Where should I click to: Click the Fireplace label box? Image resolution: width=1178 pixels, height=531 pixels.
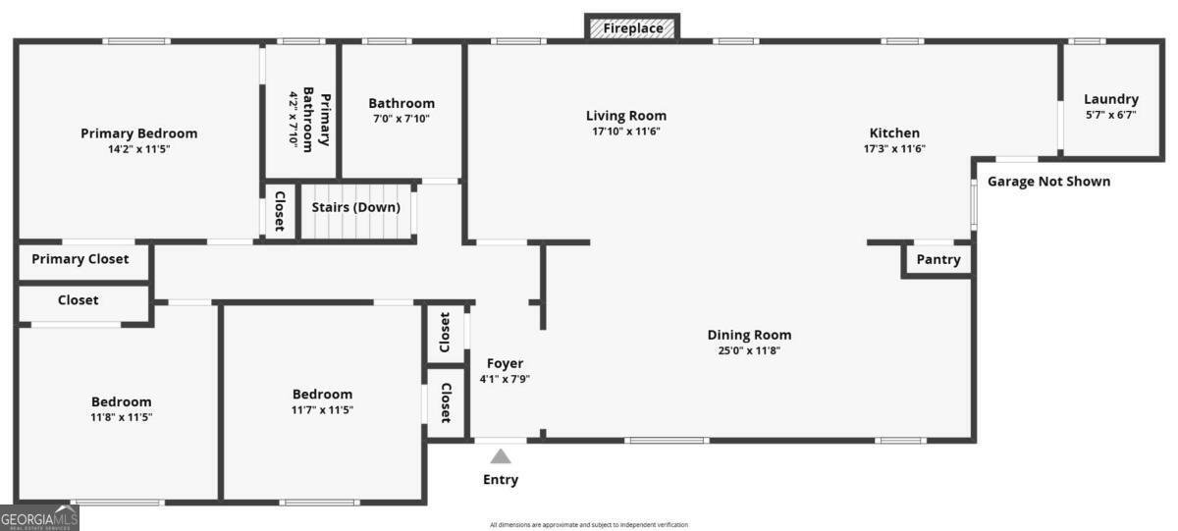(x=632, y=28)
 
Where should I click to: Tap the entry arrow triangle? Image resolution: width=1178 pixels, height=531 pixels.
(x=501, y=456)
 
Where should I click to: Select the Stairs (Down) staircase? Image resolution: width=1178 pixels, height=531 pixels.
(x=355, y=212)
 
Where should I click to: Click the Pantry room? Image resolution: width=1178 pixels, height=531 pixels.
(x=937, y=260)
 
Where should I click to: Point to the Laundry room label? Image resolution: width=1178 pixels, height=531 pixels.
(x=1110, y=99)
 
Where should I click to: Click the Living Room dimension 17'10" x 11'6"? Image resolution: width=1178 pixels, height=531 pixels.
(x=626, y=131)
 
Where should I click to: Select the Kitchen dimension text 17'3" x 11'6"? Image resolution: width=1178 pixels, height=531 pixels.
(x=893, y=148)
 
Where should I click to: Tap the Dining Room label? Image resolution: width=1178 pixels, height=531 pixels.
(x=749, y=335)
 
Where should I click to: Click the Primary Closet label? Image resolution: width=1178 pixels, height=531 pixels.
(x=80, y=259)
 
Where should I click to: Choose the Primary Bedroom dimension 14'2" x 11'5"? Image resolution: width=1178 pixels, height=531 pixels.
(x=138, y=148)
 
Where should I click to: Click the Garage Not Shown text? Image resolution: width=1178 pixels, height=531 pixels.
(x=1048, y=182)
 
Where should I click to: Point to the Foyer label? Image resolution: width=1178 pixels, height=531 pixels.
(x=505, y=363)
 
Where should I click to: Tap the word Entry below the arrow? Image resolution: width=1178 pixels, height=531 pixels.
(x=501, y=480)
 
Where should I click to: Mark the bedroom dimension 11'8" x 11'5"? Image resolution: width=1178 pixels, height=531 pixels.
(x=122, y=416)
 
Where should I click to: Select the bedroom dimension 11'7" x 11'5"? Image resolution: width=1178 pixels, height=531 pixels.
(x=322, y=409)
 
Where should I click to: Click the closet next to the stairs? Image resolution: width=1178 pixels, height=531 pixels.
(x=279, y=210)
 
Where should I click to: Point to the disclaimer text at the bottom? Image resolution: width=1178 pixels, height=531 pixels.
(x=589, y=525)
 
